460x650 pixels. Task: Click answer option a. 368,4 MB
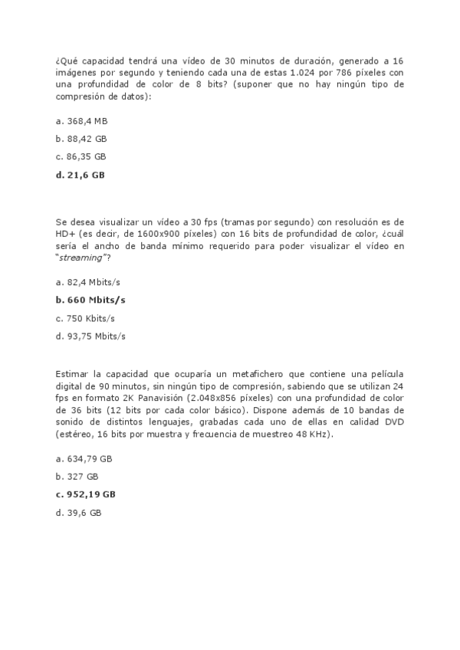(82, 121)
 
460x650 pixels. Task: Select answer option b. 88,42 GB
(81, 139)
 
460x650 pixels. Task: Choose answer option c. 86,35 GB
(80, 156)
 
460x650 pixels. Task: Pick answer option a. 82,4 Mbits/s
(88, 282)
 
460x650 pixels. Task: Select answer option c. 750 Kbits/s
(87, 318)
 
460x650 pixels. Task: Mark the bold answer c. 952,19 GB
(86, 494)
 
